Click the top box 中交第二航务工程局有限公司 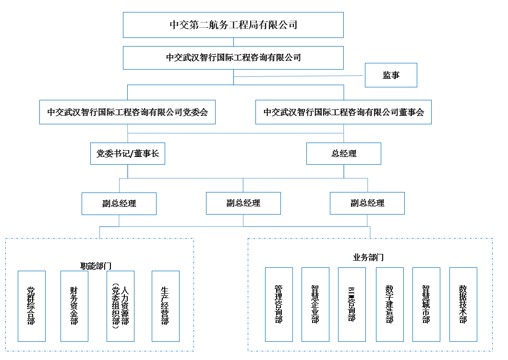click(x=233, y=25)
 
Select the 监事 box click(x=391, y=75)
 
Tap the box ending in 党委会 click(x=127, y=112)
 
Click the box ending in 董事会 click(x=343, y=112)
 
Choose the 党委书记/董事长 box click(x=128, y=154)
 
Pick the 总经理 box click(x=344, y=154)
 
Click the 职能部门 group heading click(x=96, y=266)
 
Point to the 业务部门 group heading click(x=368, y=257)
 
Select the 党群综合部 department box click(x=32, y=306)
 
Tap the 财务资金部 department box click(x=74, y=306)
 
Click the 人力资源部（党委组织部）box click(x=121, y=306)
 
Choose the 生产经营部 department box click(x=166, y=306)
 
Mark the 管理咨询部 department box click(x=279, y=305)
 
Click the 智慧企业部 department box click(x=315, y=305)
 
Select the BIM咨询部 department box click(x=352, y=305)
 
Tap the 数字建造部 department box click(x=390, y=305)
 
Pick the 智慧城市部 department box click(x=426, y=305)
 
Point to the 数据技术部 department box click(x=463, y=305)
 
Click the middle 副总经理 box click(x=243, y=204)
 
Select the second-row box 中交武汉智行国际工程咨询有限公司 click(x=233, y=58)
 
